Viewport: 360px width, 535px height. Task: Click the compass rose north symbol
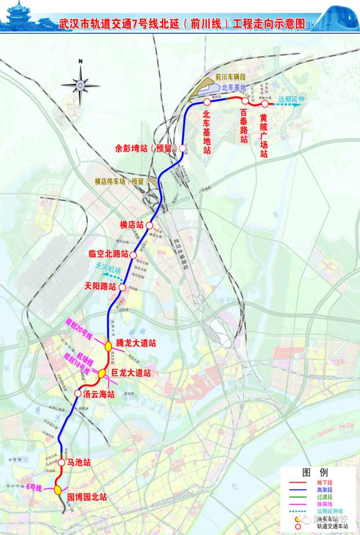coord(80,84)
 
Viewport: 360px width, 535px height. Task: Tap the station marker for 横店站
coord(150,225)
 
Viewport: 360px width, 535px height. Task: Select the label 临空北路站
coord(109,253)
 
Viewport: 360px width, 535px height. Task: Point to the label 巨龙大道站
coord(130,372)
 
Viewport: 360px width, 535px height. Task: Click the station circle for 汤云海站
coord(77,393)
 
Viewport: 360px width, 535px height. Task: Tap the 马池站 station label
coord(78,462)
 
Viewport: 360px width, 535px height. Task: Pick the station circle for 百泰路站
coord(245,101)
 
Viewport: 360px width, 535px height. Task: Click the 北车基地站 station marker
coord(207,102)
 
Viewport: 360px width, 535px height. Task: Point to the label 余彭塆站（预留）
coord(145,149)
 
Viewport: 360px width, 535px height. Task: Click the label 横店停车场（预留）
coord(120,181)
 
